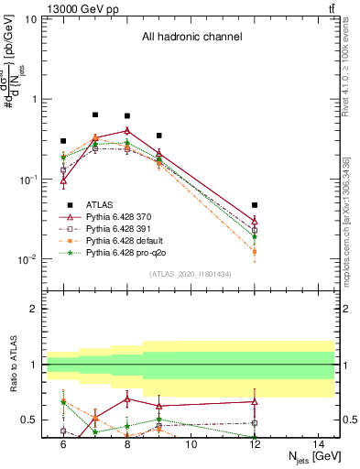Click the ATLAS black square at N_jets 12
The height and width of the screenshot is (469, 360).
click(255, 205)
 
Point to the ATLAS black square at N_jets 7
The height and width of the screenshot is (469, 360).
click(95, 115)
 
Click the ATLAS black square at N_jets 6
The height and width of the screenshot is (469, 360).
click(63, 141)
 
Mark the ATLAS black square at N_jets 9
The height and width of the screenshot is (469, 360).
click(159, 136)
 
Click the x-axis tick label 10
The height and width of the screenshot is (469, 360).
click(191, 442)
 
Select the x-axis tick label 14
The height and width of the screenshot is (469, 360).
click(318, 442)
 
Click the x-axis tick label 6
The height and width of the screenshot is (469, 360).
click(63, 442)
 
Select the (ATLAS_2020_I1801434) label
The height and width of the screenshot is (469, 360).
click(191, 274)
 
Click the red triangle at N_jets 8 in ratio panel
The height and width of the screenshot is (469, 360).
click(127, 398)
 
